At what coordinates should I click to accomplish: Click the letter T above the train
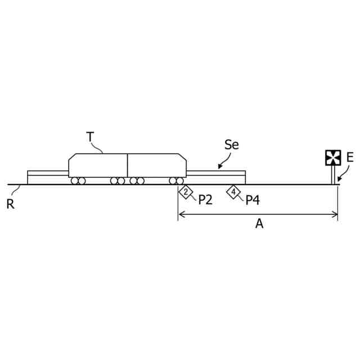(90, 137)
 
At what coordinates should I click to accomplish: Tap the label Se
(232, 145)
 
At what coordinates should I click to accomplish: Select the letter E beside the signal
(350, 157)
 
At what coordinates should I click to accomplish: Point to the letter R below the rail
(10, 204)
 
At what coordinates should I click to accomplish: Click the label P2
(205, 200)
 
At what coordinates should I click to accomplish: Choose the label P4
(253, 200)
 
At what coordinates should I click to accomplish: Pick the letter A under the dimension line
(259, 224)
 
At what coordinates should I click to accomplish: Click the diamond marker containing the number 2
(186, 192)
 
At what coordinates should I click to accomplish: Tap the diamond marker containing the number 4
(233, 192)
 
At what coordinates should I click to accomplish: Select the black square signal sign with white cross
(333, 157)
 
